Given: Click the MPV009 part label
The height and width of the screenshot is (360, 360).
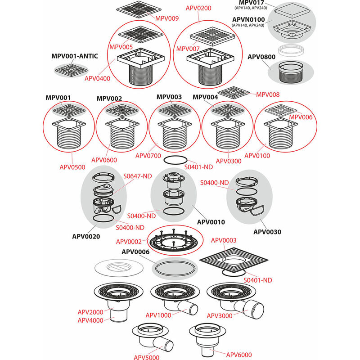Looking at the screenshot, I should click(166, 18).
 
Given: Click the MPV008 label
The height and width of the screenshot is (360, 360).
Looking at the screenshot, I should click(268, 94).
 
